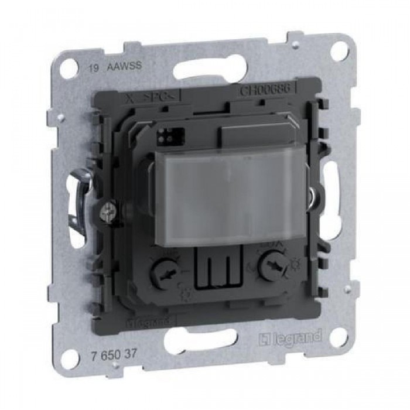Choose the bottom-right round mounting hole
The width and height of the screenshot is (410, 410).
tap(338, 338)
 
